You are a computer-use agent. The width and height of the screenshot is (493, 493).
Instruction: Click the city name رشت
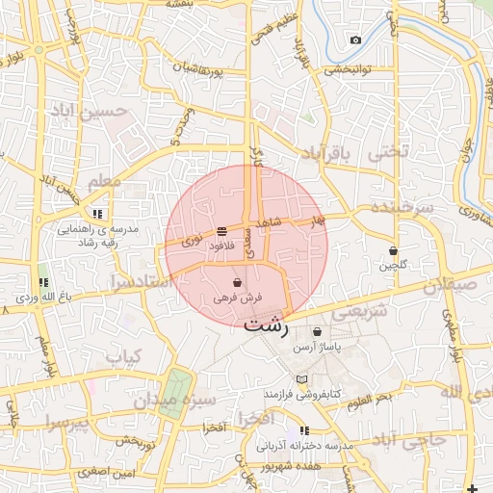[x=267, y=324]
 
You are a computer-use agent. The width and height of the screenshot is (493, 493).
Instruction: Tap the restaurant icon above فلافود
[x=222, y=231]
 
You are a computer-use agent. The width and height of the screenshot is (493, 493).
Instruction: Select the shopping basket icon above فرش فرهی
[x=237, y=283]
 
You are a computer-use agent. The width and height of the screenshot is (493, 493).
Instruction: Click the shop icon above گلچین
[x=393, y=250]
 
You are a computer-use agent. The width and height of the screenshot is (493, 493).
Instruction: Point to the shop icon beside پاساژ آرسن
[x=317, y=332]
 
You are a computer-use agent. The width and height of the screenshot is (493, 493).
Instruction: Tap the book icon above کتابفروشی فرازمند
[x=302, y=379]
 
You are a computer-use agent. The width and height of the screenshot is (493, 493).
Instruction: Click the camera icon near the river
[x=355, y=39]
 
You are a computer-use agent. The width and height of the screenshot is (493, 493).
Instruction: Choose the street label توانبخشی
[x=350, y=69]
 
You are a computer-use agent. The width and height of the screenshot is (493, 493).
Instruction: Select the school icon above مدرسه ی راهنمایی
[x=96, y=214]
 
